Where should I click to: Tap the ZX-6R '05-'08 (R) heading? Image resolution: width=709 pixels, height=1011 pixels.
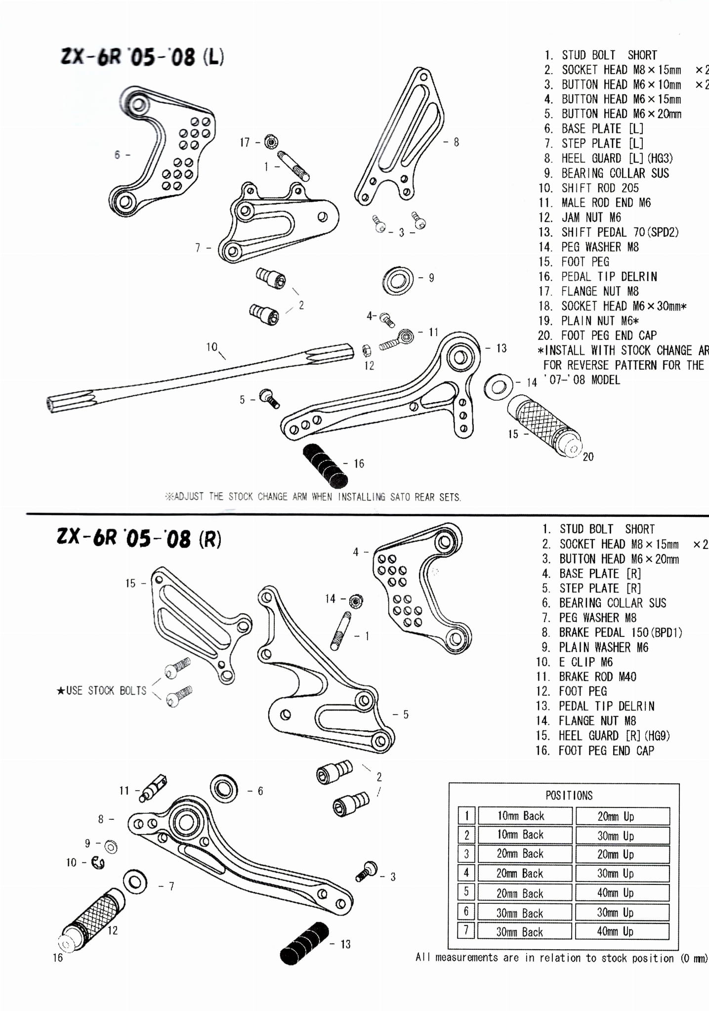139,538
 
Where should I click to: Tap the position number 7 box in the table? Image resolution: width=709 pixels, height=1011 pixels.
466,931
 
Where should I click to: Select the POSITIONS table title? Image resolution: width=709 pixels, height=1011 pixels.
569,796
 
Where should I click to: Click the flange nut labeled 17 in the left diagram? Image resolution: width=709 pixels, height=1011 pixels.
270,142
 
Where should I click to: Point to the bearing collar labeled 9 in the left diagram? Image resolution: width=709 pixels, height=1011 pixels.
398,281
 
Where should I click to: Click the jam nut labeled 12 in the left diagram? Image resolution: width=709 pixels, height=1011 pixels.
367,351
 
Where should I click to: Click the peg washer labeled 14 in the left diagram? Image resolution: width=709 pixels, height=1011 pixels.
498,386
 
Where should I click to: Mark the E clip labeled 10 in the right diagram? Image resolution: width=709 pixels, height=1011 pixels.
98,863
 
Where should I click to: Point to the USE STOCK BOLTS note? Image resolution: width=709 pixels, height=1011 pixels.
102,691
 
